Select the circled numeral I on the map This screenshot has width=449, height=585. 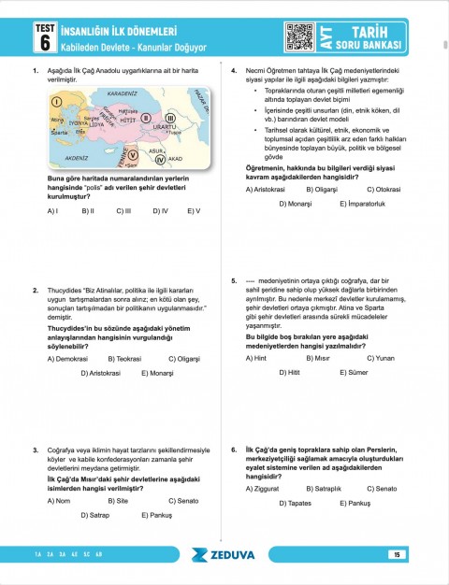point(56,101)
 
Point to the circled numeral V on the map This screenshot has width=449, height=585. point(132,154)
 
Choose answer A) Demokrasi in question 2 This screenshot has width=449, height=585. point(68,359)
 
